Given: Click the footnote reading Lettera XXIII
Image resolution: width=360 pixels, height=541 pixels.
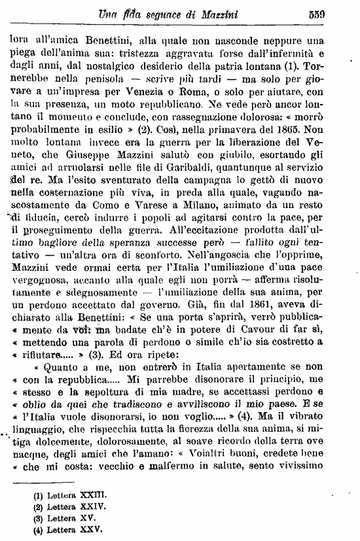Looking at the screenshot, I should click(69, 495).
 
